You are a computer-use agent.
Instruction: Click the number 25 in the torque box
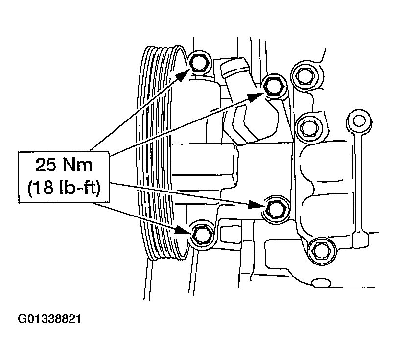click(46, 165)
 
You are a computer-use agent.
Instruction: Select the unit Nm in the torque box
click(78, 165)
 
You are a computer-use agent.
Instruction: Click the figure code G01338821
click(49, 319)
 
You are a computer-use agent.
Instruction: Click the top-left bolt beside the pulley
click(199, 63)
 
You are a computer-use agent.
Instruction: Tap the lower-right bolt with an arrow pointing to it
click(276, 209)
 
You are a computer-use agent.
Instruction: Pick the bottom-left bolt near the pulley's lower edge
click(201, 236)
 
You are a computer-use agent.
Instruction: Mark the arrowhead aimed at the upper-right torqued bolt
click(256, 97)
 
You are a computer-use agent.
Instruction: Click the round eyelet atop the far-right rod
click(359, 121)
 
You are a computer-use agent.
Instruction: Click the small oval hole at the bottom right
click(322, 283)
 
